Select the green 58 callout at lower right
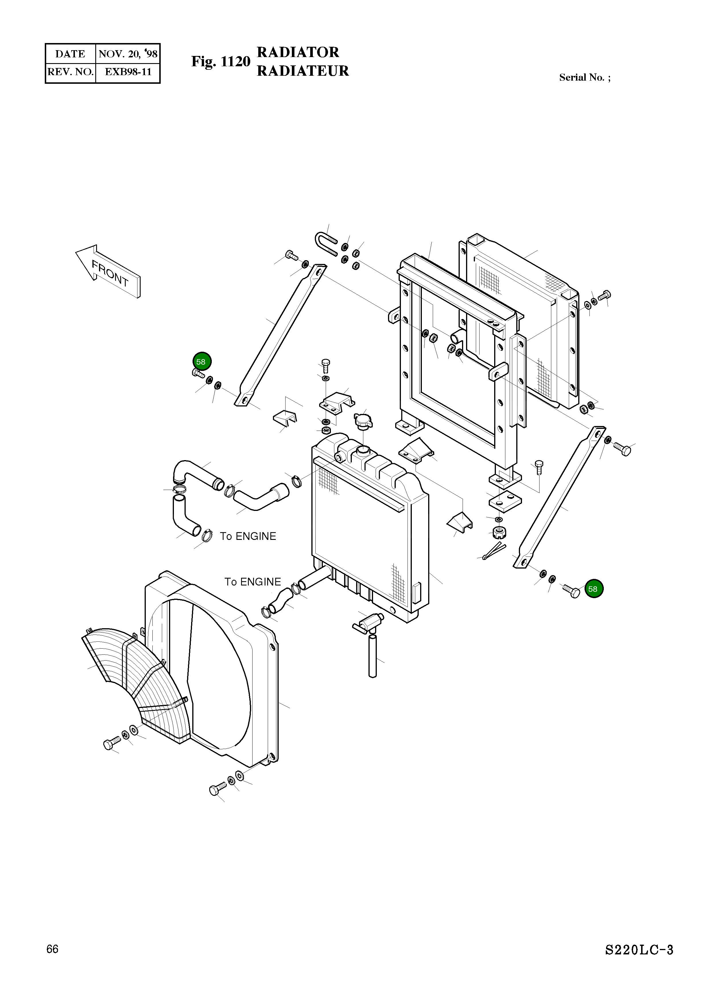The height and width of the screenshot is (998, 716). (x=594, y=589)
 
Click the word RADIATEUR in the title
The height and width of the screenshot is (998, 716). (x=302, y=71)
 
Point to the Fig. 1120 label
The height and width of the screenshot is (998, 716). (x=220, y=62)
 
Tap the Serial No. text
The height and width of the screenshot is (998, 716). (x=584, y=77)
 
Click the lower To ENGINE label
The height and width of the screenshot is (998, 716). (x=253, y=582)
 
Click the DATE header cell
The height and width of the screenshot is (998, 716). (x=70, y=54)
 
